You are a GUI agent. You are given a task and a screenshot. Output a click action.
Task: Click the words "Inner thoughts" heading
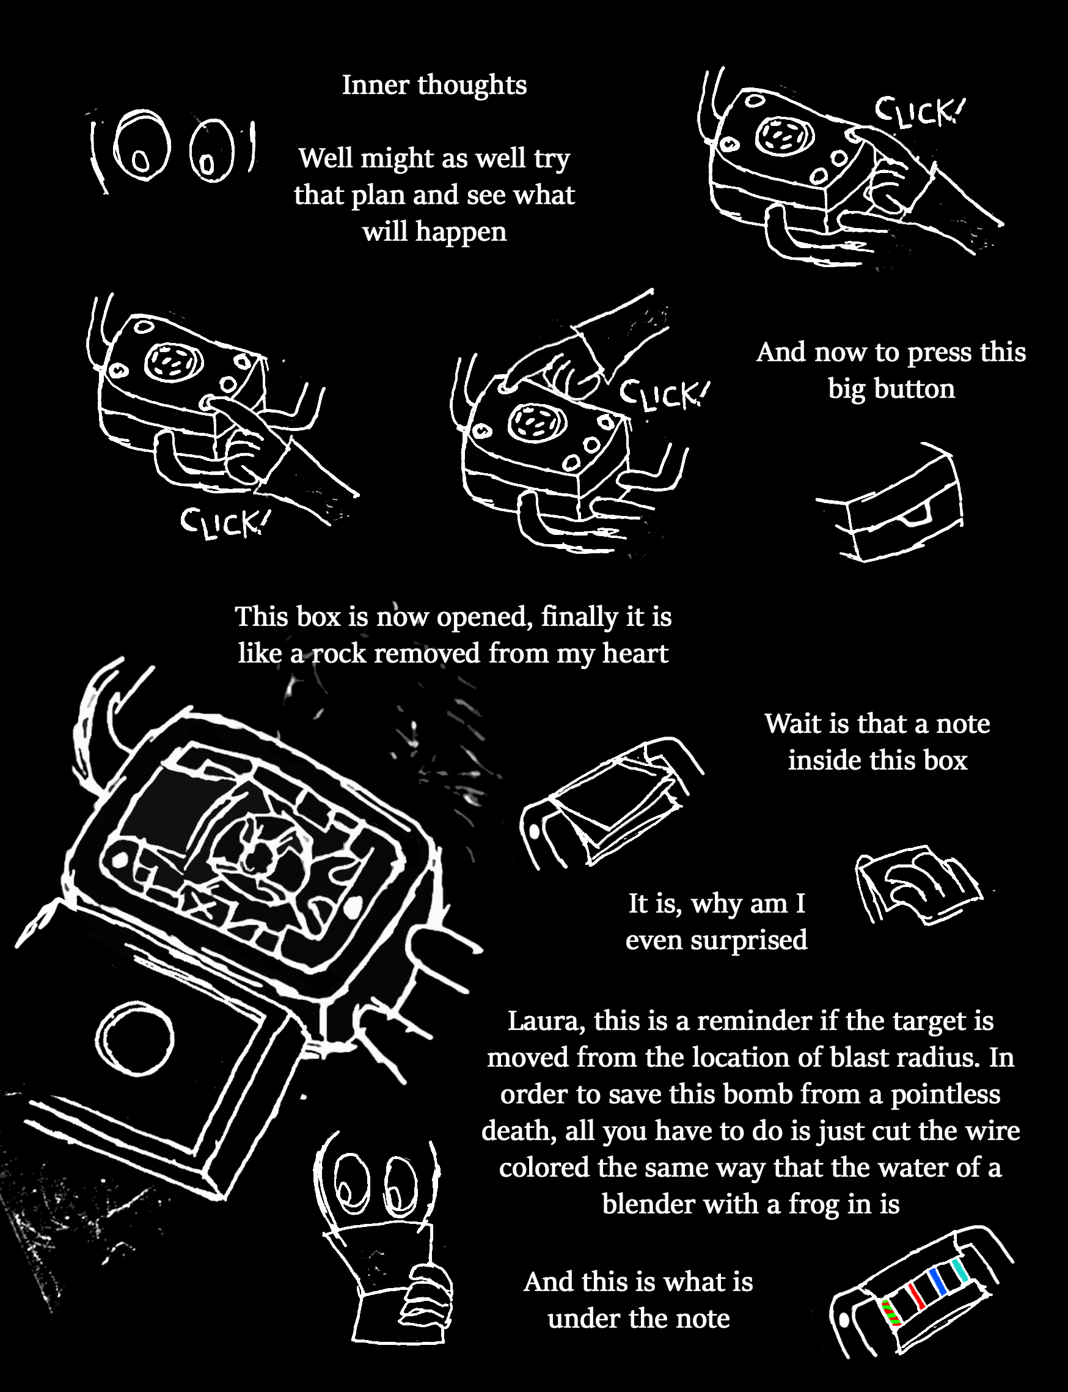tap(434, 84)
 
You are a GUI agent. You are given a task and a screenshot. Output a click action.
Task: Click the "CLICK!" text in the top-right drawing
tap(916, 112)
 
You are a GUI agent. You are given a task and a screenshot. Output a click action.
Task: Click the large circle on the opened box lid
tap(137, 1038)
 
